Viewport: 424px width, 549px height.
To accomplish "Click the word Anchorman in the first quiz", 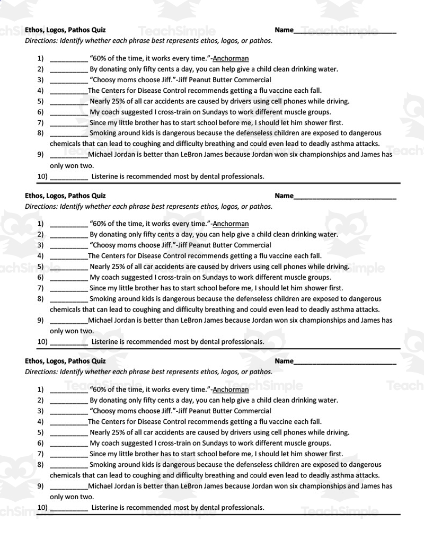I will click(231, 58).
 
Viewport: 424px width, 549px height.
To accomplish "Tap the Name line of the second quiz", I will click(344, 197).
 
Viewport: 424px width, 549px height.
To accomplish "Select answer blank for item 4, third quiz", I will click(69, 422).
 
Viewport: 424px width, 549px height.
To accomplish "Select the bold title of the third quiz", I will click(65, 361).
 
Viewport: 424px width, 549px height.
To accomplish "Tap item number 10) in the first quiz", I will click(42, 176).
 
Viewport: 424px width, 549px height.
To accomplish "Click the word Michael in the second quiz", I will click(101, 320).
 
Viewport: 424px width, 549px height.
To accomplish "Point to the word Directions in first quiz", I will click(41, 40).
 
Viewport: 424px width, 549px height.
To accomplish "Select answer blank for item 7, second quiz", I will click(69, 289).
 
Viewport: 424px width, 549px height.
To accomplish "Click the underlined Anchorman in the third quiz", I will click(231, 389).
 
